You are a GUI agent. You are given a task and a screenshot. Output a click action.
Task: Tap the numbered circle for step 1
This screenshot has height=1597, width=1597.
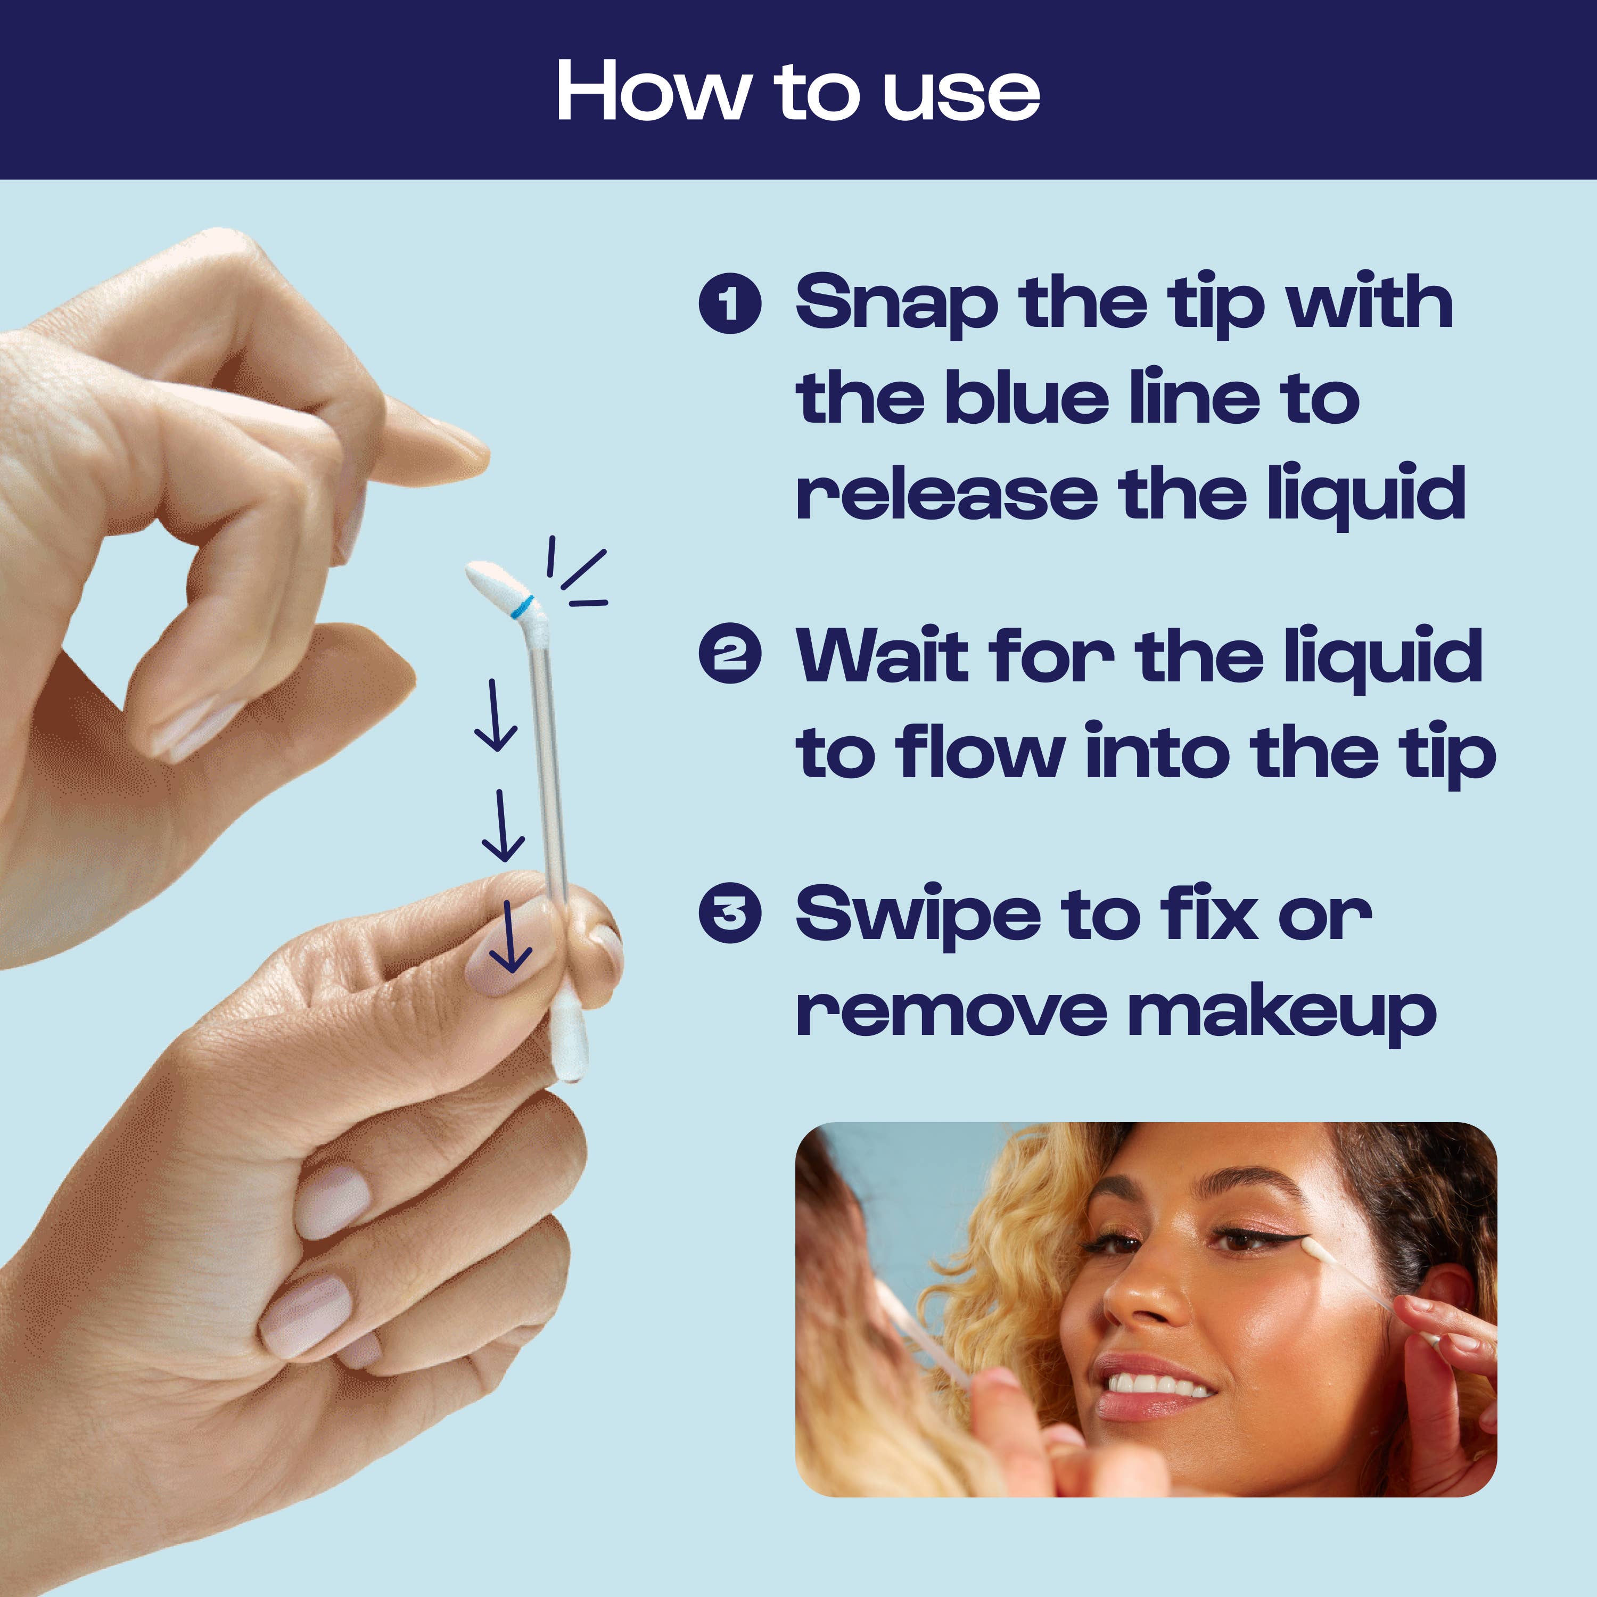click(729, 303)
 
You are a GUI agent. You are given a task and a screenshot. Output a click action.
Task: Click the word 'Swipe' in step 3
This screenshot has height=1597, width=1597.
click(918, 916)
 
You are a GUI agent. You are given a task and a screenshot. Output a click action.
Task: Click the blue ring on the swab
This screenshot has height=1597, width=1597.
click(521, 605)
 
